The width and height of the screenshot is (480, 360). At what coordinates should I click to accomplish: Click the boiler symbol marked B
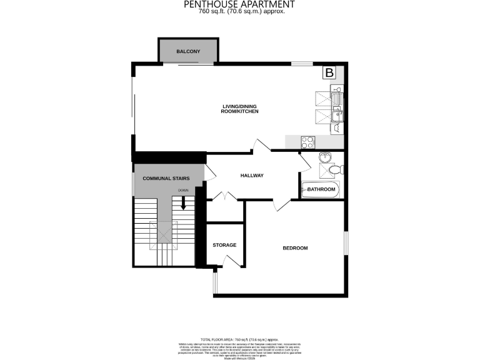click(x=328, y=72)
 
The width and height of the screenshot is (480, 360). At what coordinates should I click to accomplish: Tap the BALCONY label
click(x=188, y=51)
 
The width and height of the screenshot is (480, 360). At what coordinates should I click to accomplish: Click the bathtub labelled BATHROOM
click(x=321, y=189)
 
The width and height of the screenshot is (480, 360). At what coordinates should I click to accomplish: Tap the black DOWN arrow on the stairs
click(x=184, y=202)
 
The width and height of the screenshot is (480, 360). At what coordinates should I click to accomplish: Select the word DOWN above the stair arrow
click(x=183, y=190)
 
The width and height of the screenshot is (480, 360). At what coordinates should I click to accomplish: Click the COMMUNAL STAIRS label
click(x=166, y=179)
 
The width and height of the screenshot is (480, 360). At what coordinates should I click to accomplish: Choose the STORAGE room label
click(x=224, y=245)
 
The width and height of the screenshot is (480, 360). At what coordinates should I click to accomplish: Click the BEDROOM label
click(x=295, y=248)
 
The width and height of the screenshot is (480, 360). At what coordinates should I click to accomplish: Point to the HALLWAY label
click(x=252, y=176)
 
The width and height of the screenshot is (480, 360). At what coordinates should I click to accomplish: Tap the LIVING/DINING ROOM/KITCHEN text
click(x=240, y=109)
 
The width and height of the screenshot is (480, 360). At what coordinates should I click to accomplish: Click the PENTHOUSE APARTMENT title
click(x=239, y=4)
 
